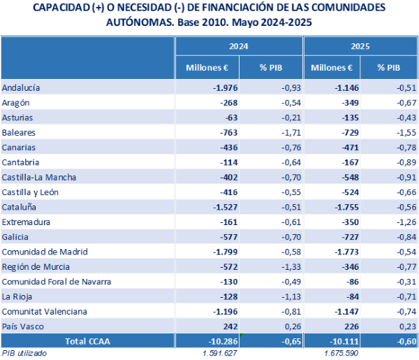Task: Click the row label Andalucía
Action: [x=21, y=88]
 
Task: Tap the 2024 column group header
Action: [x=238, y=47]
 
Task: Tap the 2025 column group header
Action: [x=360, y=47]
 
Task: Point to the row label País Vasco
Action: [x=22, y=326]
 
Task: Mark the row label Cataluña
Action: [x=20, y=207]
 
